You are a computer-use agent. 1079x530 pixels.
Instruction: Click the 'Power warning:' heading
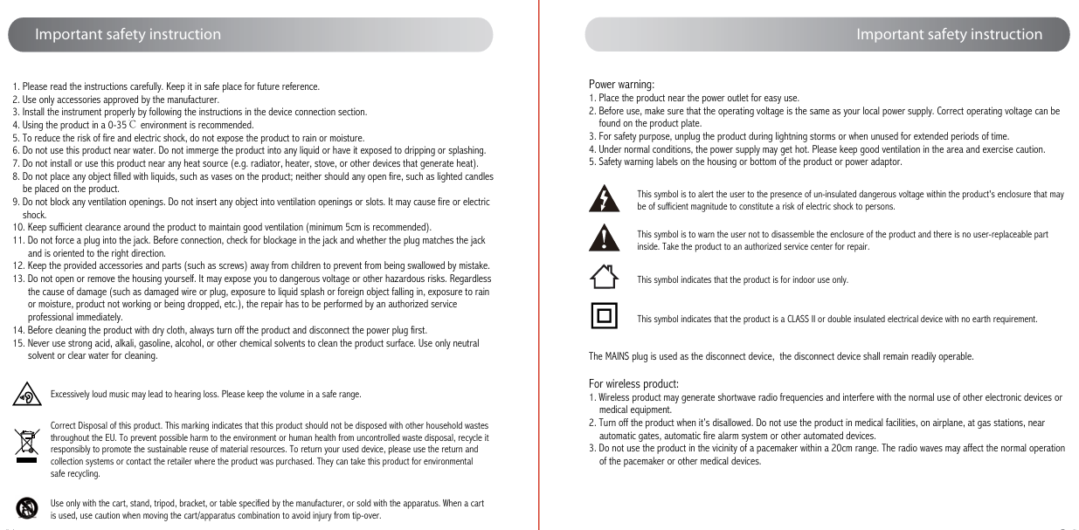[621, 85]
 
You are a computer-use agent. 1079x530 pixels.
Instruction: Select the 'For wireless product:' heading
[633, 384]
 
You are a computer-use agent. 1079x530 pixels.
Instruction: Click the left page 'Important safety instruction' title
[128, 35]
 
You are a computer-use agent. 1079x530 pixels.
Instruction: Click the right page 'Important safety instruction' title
[949, 35]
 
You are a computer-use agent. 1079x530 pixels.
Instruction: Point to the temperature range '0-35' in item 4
[116, 125]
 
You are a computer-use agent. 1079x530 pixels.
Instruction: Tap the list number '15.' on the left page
[17, 343]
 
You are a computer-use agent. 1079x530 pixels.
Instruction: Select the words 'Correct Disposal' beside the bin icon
[80, 425]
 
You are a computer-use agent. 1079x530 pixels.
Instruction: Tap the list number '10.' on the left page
[17, 227]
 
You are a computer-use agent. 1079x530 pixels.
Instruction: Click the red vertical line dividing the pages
[539, 262]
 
